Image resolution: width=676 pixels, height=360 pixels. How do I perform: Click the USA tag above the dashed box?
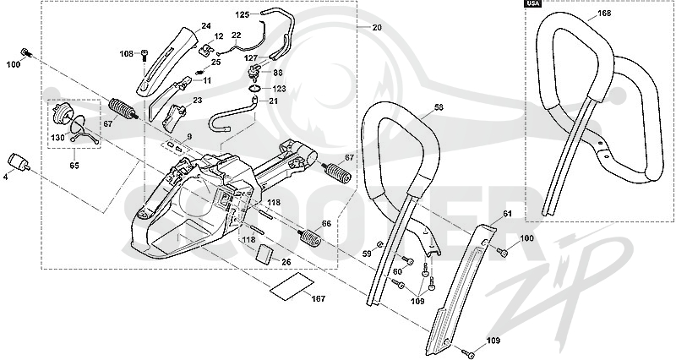[x=533, y=3]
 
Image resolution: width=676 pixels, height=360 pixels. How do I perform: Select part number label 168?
[x=604, y=14]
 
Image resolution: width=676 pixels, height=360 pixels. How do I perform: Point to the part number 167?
[x=319, y=298]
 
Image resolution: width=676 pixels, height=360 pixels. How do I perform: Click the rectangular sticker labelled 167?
[x=292, y=285]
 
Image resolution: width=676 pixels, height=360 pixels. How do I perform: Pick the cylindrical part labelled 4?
[x=19, y=162]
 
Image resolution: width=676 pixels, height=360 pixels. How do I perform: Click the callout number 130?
[x=57, y=138]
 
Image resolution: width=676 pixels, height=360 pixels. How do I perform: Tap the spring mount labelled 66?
[x=310, y=237]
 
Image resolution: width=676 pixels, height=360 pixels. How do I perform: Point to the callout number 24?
[x=206, y=26]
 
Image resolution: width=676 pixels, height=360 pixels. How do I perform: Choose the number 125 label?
[x=243, y=14]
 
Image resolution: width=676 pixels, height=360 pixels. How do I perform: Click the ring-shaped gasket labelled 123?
[x=256, y=89]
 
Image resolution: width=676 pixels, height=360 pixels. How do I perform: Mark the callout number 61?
[x=507, y=215]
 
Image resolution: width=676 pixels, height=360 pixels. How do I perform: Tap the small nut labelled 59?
[x=379, y=245]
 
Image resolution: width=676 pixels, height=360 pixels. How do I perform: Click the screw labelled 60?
[x=408, y=260]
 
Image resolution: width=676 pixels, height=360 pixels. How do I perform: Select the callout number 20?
[x=377, y=27]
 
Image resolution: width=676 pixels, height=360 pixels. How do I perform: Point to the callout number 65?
[x=74, y=165]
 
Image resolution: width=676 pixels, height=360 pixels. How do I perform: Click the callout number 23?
[x=198, y=101]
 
